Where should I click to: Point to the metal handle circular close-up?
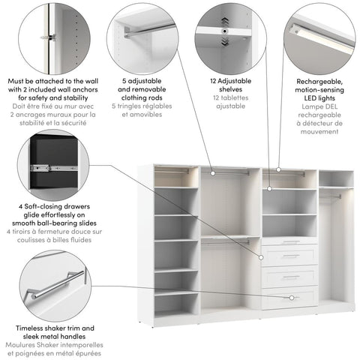tap(54, 285)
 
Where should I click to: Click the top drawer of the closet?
tap(289, 241)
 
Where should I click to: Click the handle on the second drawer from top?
tap(289, 256)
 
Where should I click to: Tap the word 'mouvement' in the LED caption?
tap(320, 132)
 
